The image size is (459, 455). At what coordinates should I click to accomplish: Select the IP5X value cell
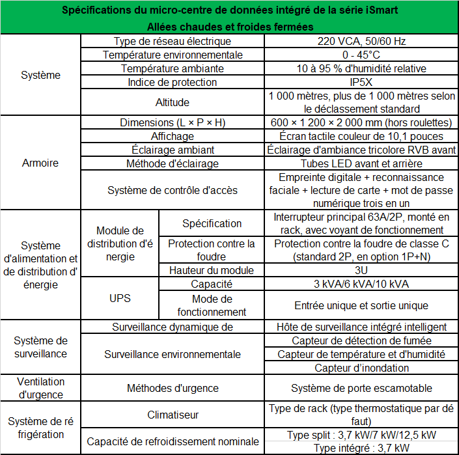(361, 82)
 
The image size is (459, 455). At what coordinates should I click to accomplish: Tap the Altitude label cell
(172, 102)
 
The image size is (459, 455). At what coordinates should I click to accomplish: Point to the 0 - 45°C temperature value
(361, 55)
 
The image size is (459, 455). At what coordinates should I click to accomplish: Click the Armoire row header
(40, 163)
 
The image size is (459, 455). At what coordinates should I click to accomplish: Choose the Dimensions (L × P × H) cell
(172, 123)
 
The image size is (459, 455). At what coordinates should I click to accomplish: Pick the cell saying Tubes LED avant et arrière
(361, 163)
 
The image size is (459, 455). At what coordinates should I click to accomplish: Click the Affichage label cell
(172, 136)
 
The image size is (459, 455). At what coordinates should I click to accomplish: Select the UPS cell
(119, 298)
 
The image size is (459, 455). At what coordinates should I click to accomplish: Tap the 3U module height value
(361, 270)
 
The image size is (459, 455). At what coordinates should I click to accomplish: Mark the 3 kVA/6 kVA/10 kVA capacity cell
(361, 284)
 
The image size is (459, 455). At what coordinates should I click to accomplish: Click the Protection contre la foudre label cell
(212, 250)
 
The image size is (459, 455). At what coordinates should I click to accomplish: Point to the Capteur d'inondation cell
(361, 368)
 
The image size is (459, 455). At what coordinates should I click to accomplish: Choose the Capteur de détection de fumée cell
(361, 340)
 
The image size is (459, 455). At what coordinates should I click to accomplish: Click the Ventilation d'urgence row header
(40, 388)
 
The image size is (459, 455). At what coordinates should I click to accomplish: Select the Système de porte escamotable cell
(361, 388)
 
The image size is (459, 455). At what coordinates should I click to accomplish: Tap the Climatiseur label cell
(172, 415)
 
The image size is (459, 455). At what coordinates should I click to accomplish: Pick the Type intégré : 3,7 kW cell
(361, 448)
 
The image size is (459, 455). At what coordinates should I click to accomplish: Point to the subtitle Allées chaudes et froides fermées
(229, 27)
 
